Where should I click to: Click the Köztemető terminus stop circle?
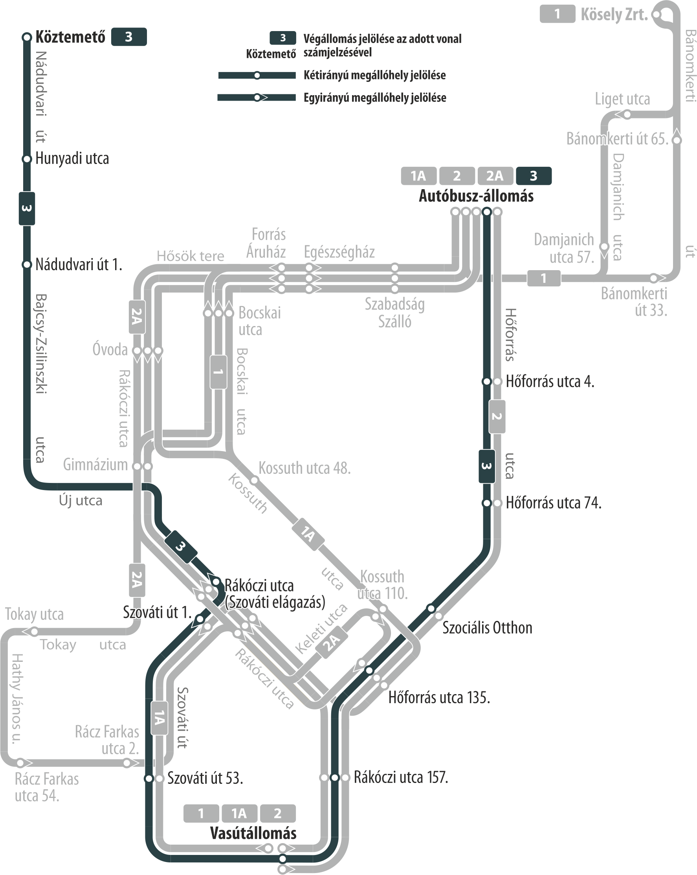(x=27, y=37)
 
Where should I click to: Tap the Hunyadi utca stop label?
(x=72, y=158)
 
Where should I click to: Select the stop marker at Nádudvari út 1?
(x=27, y=265)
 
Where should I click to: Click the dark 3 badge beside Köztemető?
(x=128, y=37)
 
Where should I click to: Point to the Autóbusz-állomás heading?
(x=476, y=196)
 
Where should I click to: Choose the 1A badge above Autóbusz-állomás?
(x=418, y=176)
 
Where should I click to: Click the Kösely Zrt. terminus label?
(x=614, y=15)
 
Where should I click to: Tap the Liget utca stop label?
(x=622, y=99)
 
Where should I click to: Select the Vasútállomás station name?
(x=253, y=833)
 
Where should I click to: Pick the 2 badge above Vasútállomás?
(x=278, y=813)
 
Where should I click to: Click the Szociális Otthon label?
(x=487, y=628)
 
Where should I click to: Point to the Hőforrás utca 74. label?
(x=554, y=503)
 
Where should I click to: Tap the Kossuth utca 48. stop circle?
(x=254, y=481)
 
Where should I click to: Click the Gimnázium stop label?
(x=95, y=465)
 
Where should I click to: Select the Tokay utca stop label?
(x=35, y=614)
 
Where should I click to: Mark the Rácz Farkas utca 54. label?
(x=46, y=787)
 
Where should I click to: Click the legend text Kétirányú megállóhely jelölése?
(x=375, y=75)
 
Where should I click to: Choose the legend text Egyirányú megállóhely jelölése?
(x=375, y=98)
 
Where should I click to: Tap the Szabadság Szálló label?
(x=394, y=313)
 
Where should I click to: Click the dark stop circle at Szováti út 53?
(x=149, y=778)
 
